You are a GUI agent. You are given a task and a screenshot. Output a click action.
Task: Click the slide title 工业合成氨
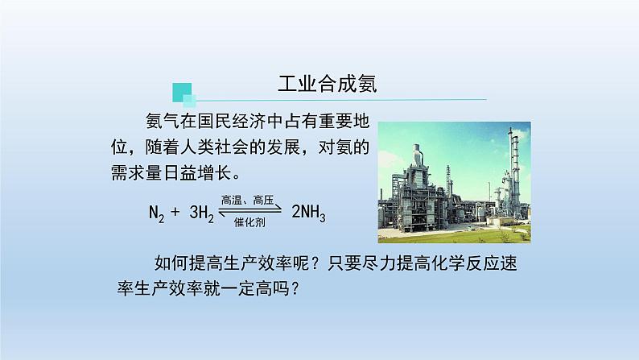click(328, 84)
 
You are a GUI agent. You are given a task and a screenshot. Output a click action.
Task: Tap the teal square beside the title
click(182, 93)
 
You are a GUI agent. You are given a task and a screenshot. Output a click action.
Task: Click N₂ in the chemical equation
click(156, 213)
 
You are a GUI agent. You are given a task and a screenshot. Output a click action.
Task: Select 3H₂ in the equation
click(202, 213)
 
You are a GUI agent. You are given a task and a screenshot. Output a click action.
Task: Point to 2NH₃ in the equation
click(308, 213)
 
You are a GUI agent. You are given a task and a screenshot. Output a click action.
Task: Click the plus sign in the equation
click(175, 212)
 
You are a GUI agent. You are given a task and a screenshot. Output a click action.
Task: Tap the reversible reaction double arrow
click(250, 211)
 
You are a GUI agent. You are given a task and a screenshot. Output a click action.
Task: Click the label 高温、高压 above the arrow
click(247, 201)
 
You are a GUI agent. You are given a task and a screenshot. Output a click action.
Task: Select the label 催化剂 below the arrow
click(249, 222)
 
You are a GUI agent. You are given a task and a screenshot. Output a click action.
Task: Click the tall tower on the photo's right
click(513, 172)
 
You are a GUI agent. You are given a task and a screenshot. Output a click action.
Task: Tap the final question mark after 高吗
click(295, 289)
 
